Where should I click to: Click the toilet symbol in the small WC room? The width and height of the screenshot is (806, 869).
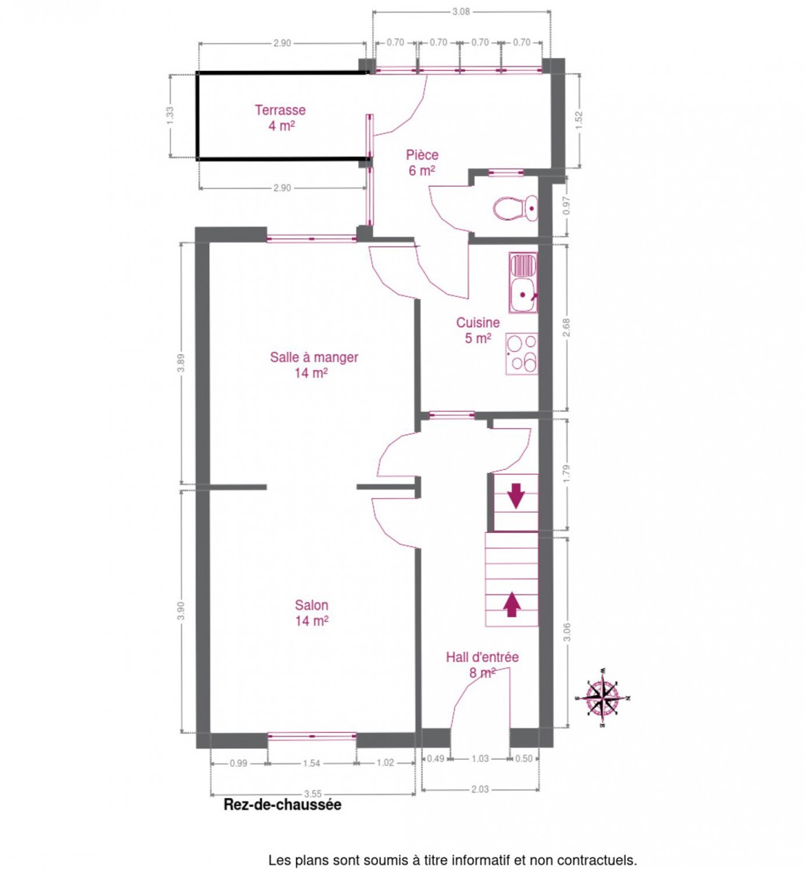515,208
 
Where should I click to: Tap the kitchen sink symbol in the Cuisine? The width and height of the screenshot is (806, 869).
523,282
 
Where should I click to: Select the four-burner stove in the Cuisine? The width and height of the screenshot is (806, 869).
521,353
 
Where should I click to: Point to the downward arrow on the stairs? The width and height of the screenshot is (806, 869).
516,495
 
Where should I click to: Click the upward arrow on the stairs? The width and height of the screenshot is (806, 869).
511,604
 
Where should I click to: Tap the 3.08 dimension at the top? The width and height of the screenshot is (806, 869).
461,12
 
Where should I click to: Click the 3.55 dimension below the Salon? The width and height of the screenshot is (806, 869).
313,794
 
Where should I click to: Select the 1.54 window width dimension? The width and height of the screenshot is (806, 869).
311,763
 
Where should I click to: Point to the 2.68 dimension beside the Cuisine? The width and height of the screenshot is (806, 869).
566,327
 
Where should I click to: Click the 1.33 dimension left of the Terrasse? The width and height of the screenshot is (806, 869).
170,116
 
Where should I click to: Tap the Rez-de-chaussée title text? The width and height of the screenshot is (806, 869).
282,805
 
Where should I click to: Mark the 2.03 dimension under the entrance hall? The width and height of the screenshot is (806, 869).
479,789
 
